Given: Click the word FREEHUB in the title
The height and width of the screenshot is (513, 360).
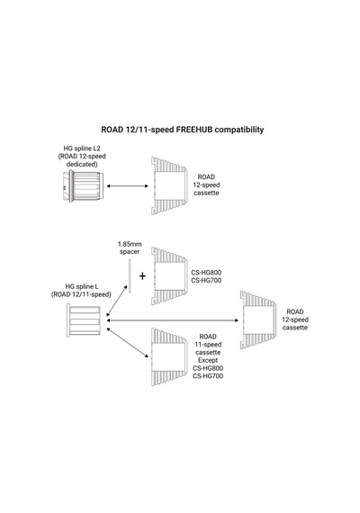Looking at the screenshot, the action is point(194,130).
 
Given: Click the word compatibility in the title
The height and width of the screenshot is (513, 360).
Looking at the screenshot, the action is point(239,130).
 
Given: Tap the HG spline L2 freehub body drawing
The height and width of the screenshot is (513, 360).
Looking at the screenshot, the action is point(83,185).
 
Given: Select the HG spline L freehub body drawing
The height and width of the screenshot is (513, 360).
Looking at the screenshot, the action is point(84,320).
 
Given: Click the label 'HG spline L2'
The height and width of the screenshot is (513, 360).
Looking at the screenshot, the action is point(82,148).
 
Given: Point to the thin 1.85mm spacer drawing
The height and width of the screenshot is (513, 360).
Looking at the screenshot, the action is point(130,276).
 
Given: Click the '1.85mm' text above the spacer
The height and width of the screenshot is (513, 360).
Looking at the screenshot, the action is point(130,244).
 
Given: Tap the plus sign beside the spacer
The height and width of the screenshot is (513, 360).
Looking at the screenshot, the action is point(142,276).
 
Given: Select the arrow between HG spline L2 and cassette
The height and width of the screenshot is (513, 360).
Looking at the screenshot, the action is point(128,185).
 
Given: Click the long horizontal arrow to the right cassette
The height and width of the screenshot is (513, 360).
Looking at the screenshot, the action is point(173,320).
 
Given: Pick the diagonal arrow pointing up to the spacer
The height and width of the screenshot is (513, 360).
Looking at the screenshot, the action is point(117,301).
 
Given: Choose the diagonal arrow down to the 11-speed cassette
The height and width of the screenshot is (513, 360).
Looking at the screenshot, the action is point(128,343).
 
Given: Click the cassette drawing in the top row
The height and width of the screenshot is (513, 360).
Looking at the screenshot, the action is point(169,185).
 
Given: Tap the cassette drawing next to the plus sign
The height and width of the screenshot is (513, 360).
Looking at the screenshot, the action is point(169,276).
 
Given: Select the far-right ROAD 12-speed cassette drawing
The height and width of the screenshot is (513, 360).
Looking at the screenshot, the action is point(258,320).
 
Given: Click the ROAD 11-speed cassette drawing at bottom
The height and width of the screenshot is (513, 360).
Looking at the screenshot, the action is point(169,357).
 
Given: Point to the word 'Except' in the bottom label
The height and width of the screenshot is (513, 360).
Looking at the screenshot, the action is point(208,360).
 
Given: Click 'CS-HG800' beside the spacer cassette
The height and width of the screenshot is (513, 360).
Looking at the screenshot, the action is point(206,273).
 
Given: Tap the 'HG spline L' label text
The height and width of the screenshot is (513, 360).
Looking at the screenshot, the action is point(82,287).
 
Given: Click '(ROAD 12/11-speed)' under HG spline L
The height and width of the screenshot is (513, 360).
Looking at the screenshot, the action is point(81,294).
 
